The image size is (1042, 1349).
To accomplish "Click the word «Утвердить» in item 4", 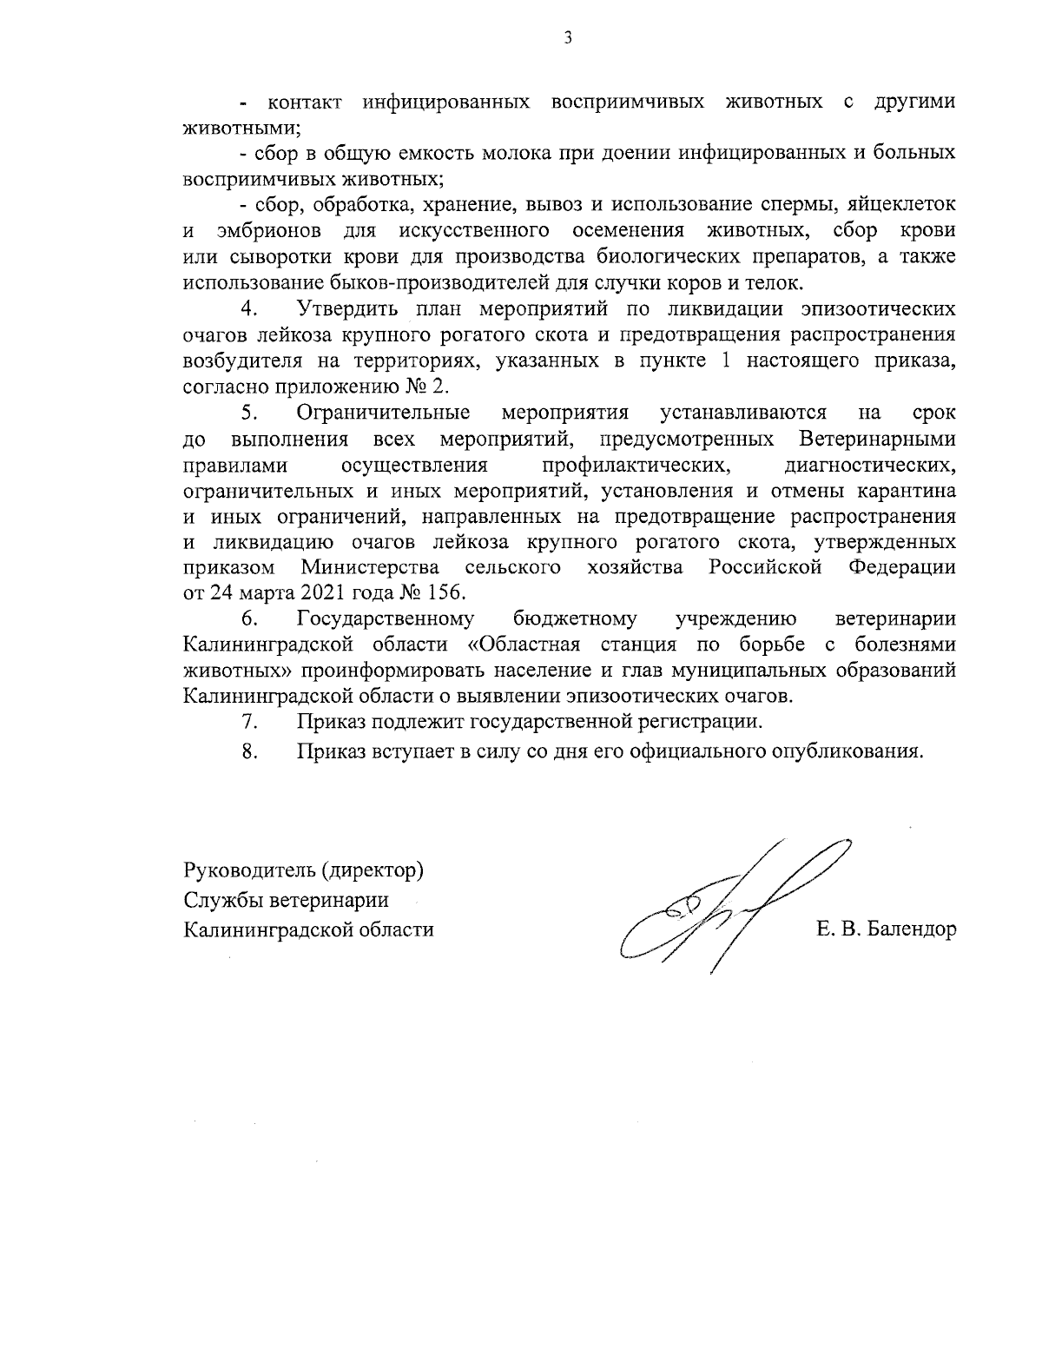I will [x=347, y=309].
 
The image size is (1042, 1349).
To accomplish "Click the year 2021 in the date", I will [x=324, y=593].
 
